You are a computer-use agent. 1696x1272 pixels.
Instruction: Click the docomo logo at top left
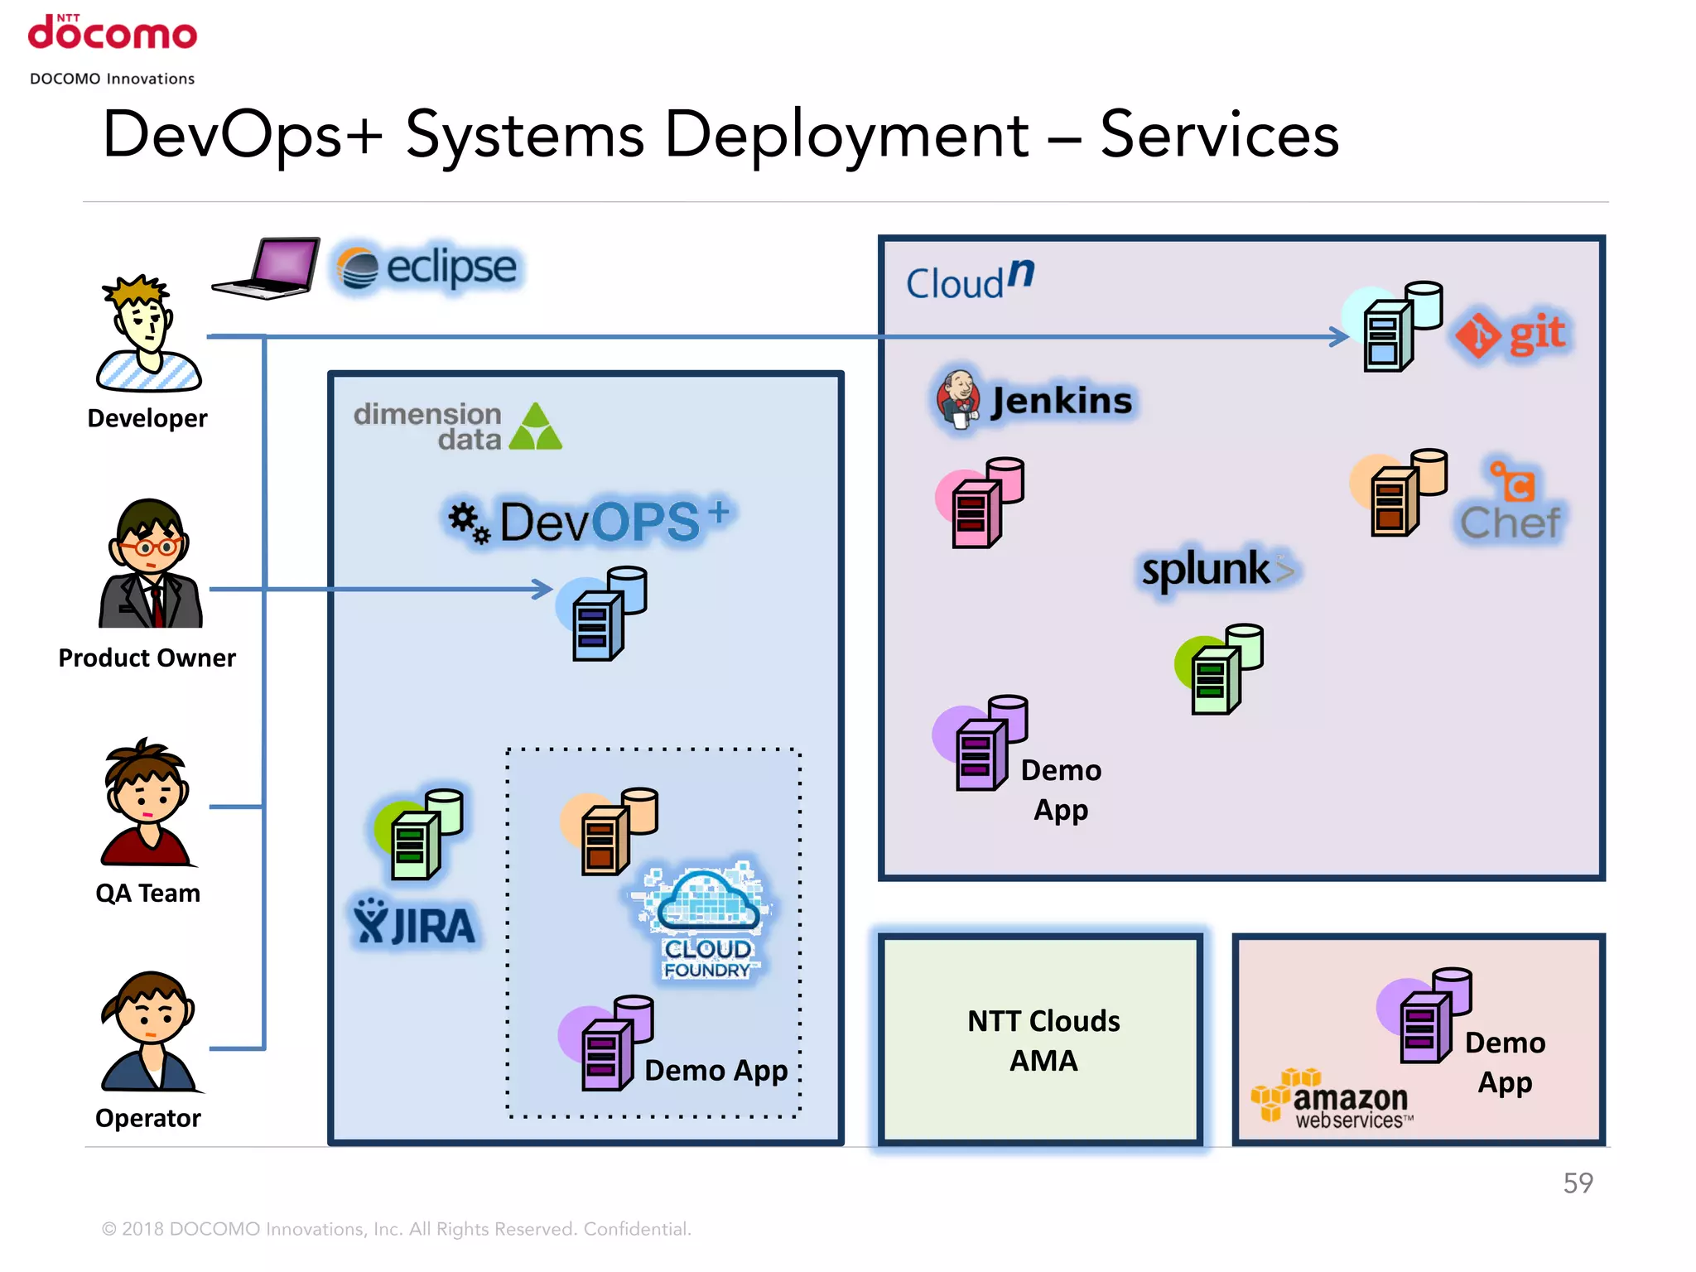pyautogui.click(x=113, y=33)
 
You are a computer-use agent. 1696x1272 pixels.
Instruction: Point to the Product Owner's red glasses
pyautogui.click(x=149, y=547)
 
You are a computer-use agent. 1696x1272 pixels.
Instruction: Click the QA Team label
pyautogui.click(x=147, y=893)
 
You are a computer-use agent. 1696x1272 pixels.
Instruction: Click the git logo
pyautogui.click(x=1512, y=335)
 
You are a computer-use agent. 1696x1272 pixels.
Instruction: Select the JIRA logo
pyautogui.click(x=414, y=923)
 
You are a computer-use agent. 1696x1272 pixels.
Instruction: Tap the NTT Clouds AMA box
pyautogui.click(x=1041, y=1040)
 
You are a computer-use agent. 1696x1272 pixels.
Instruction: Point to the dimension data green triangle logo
pyautogui.click(x=536, y=427)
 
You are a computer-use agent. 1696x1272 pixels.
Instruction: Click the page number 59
pyautogui.click(x=1577, y=1183)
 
